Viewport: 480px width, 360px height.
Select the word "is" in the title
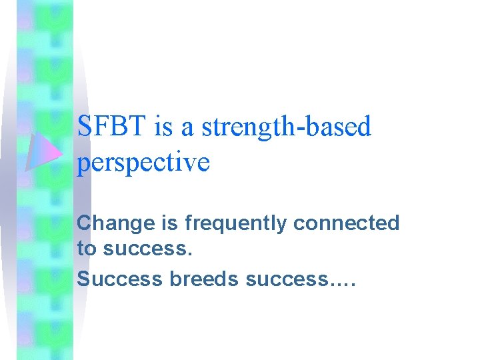click(163, 127)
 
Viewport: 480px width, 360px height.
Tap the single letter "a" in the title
click(187, 128)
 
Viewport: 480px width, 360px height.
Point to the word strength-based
click(286, 127)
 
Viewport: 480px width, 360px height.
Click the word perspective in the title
click(143, 163)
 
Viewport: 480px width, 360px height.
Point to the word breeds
click(205, 279)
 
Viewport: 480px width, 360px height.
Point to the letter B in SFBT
click(120, 127)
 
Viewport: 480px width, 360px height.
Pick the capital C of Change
click(84, 223)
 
